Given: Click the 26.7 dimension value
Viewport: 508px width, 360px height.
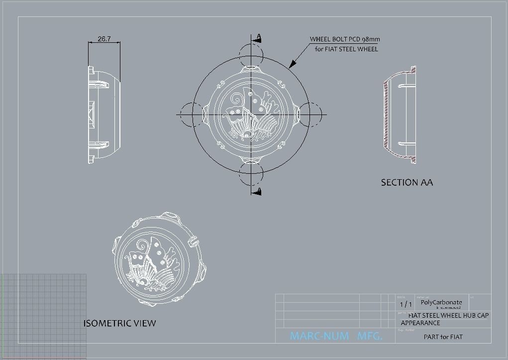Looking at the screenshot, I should [x=104, y=39].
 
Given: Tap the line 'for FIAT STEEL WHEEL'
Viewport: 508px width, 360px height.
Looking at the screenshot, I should [x=346, y=49].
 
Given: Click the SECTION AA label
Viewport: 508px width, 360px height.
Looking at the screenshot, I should [x=406, y=183].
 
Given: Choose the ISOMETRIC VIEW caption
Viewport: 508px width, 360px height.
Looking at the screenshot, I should [x=119, y=324].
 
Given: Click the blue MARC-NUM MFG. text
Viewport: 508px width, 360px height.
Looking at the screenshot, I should [x=336, y=337].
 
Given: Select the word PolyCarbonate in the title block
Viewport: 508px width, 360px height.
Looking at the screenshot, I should [x=441, y=302].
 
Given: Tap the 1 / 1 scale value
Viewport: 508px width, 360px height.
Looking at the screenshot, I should [x=406, y=304].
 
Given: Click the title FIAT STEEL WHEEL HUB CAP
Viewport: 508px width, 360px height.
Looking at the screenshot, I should [x=448, y=315].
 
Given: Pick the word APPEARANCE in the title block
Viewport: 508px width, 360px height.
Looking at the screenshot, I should [x=420, y=323].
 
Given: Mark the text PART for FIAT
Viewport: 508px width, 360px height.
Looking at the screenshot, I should [x=443, y=337].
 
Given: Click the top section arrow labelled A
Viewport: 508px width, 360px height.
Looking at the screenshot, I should [x=257, y=38].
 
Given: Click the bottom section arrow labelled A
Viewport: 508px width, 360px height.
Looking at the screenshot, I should [x=257, y=192].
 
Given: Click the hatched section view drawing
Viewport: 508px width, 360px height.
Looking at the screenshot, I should [x=400, y=115].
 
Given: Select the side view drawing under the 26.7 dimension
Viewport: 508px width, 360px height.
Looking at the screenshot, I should [x=103, y=115].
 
